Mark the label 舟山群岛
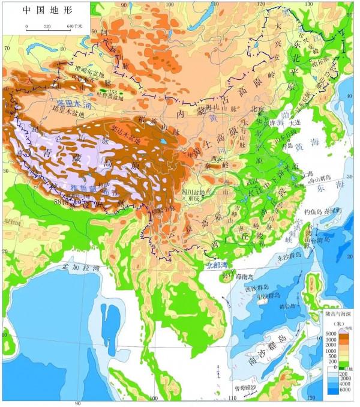(x=317, y=179)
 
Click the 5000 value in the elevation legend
(x=329, y=333)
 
